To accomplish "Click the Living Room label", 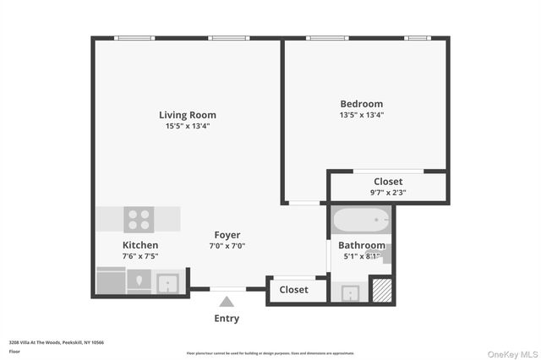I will (187, 115).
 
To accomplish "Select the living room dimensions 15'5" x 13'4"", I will (187, 126).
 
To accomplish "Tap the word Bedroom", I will (361, 104).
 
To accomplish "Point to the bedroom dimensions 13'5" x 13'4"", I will (361, 115).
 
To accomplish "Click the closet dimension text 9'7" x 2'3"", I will (388, 192).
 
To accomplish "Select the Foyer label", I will (227, 235).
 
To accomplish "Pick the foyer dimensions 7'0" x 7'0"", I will (227, 246).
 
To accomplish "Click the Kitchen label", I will (139, 245).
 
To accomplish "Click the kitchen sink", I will (167, 282).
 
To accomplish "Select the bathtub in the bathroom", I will (361, 221).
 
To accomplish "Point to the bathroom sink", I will (350, 293).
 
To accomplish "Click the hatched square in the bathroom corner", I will (382, 290).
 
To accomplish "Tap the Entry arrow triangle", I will (227, 301).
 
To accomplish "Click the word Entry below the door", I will (227, 319).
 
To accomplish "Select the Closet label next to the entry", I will (293, 290).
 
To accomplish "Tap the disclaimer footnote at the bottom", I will (270, 352).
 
